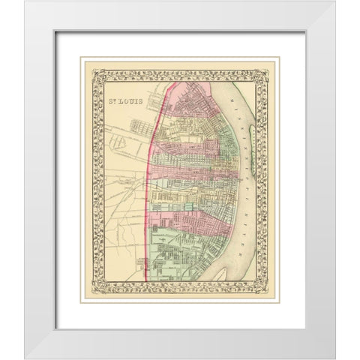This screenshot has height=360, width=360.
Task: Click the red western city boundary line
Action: (x=151, y=187)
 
